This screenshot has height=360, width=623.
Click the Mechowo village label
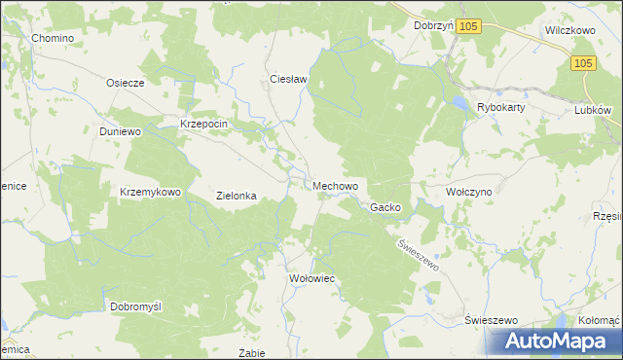pos(336,185)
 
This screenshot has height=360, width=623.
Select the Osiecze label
pos(126,83)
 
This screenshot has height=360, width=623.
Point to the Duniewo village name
pos(121,130)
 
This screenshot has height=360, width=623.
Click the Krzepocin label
pos(203,124)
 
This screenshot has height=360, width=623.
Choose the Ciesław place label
pos(288,79)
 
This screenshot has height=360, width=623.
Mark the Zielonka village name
pos(236,196)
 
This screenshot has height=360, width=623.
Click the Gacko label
pos(385,207)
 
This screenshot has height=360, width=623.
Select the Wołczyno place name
pos(469,192)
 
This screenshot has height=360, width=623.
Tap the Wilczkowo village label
pos(569,30)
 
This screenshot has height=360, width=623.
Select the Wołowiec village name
pos(312,278)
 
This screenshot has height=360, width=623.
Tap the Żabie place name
pos(252,352)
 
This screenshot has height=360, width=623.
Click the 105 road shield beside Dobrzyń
pos(469,27)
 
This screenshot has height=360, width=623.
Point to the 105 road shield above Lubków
pos(582,63)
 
